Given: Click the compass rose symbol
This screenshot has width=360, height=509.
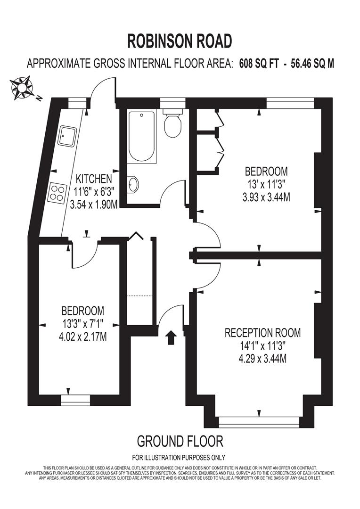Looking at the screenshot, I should (22, 88).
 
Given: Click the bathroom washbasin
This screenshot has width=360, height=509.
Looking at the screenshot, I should (133, 184).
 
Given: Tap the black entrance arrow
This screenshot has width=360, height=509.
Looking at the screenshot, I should (171, 337).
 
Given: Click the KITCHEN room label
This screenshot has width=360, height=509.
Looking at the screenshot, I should (94, 179).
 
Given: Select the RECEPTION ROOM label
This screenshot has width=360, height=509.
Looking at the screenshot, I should (262, 333).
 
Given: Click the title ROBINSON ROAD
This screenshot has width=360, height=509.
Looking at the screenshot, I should (180, 41).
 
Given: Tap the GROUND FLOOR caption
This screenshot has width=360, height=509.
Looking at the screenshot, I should (180, 442).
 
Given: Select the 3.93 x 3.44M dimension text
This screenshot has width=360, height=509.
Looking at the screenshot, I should (266, 197).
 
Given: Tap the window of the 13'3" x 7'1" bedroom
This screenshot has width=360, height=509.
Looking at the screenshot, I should (69, 400).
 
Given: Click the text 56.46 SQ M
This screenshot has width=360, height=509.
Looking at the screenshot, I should (312, 64).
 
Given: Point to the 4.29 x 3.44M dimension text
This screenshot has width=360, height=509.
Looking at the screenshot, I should (262, 358).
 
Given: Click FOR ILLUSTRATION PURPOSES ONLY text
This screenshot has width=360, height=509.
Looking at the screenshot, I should (179, 458).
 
